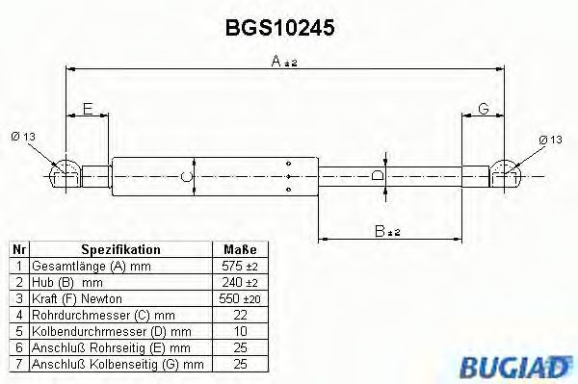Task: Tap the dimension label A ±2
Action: tap(283, 63)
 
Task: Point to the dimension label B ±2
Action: tap(387, 231)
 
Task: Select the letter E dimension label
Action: tap(88, 111)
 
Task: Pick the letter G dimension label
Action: tap(483, 111)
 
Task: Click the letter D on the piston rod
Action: tap(378, 176)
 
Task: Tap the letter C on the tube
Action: tap(185, 176)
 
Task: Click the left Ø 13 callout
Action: tap(22, 140)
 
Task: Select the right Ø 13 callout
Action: tap(550, 140)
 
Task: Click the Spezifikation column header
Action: tap(120, 249)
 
